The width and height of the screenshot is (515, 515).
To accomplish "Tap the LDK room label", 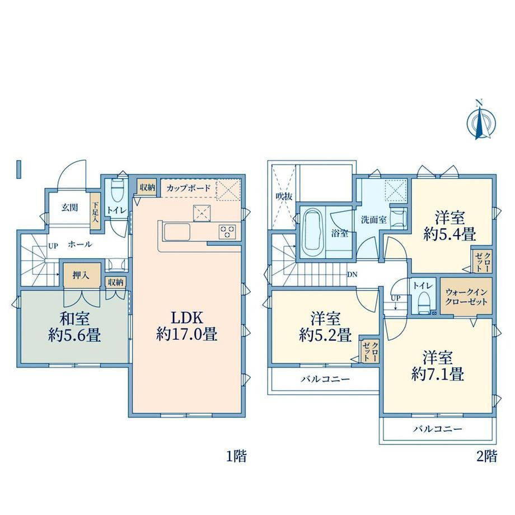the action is click(x=187, y=326).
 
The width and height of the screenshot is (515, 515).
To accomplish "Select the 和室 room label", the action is click(x=74, y=327).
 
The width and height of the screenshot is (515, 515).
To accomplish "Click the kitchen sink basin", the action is click(x=177, y=232).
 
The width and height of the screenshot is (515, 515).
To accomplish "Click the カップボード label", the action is click(x=188, y=188).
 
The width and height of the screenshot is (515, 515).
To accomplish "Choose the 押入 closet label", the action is click(x=81, y=275).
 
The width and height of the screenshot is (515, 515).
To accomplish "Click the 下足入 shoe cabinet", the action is click(x=95, y=212).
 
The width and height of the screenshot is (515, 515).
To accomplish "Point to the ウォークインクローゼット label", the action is click(x=466, y=297).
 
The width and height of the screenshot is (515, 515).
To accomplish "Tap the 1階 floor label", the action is click(x=236, y=456).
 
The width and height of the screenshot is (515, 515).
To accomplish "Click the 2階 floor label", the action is click(x=487, y=456).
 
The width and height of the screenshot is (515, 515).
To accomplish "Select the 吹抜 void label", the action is click(x=284, y=196).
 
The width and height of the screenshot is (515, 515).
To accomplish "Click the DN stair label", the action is click(x=352, y=275).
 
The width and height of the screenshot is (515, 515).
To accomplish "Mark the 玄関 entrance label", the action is click(x=69, y=208).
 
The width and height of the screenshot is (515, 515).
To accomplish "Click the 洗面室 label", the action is click(x=374, y=220).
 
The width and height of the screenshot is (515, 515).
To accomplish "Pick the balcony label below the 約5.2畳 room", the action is click(x=325, y=379).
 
